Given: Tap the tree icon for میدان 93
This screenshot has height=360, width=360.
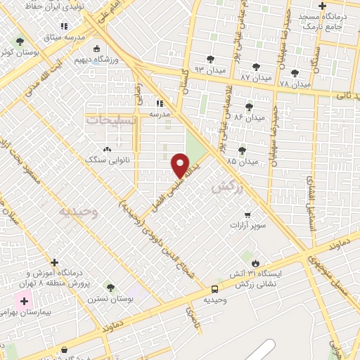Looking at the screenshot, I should click(210, 58).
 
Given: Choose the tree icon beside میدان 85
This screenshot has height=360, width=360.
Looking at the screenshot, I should click(243, 149).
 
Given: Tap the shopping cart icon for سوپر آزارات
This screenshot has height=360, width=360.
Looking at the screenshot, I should click(247, 214).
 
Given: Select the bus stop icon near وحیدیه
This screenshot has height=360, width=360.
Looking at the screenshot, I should click(214, 288).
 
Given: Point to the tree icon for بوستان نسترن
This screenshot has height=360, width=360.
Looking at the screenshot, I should click(110, 287).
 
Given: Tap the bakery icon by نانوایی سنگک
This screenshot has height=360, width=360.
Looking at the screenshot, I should click(107, 149).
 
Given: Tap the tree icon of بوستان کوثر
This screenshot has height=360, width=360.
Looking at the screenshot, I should click(19, 41).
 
